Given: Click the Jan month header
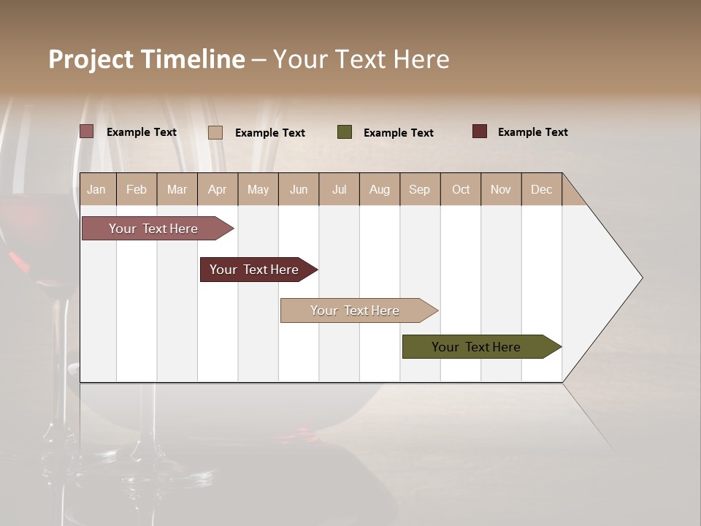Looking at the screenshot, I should pyautogui.click(x=96, y=189).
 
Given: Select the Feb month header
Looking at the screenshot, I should pyautogui.click(x=137, y=189).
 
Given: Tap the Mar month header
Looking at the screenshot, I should pyautogui.click(x=177, y=189).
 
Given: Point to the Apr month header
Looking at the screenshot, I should pyautogui.click(x=217, y=189).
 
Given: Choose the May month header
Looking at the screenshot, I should pyautogui.click(x=258, y=189).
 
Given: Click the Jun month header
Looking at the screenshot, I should pyautogui.click(x=299, y=189).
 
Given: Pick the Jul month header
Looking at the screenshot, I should pyautogui.click(x=339, y=189).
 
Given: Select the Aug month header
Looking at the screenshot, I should pyautogui.click(x=379, y=189).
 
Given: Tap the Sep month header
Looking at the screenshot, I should pyautogui.click(x=419, y=189).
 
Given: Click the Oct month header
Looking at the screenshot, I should pyautogui.click(x=461, y=189).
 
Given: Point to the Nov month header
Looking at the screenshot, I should pyautogui.click(x=501, y=189).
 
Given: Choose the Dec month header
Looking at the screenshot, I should pyautogui.click(x=541, y=189).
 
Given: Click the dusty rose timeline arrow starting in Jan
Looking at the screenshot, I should pyautogui.click(x=153, y=229).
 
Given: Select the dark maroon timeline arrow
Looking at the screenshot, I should pyautogui.click(x=254, y=270).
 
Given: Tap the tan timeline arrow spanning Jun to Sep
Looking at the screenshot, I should pyautogui.click(x=355, y=310).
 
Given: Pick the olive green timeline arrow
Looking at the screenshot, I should pyautogui.click(x=476, y=347).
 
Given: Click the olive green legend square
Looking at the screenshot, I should pyautogui.click(x=345, y=132).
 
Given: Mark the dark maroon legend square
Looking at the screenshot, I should pyautogui.click(x=480, y=131).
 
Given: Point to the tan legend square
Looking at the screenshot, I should pyautogui.click(x=215, y=132).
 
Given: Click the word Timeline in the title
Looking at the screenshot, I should pyautogui.click(x=192, y=59).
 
